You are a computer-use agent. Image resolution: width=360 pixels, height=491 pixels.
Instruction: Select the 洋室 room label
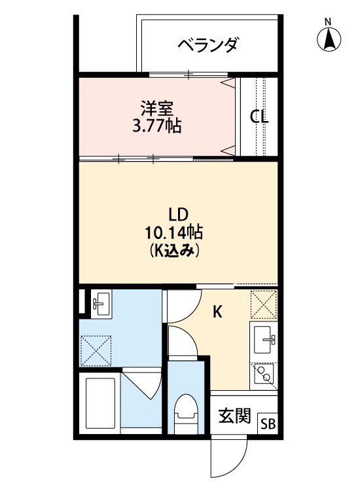click(156, 107)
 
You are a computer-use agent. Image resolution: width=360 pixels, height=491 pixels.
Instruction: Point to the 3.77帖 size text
click(156, 125)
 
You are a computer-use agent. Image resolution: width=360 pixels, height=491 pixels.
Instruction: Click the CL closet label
click(259, 118)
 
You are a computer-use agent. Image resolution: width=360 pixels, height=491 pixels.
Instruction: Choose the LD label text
click(178, 215)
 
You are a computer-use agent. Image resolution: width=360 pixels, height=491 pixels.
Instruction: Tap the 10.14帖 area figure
click(173, 232)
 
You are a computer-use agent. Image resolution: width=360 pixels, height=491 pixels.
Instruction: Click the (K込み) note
click(173, 249)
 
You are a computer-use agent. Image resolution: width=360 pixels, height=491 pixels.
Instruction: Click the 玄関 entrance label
click(234, 416)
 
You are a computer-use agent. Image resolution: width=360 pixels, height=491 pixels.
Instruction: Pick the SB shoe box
click(268, 423)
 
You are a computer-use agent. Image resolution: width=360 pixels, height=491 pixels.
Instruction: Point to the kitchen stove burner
click(264, 374)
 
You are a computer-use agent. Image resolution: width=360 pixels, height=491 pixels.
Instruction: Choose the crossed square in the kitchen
click(264, 304)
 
